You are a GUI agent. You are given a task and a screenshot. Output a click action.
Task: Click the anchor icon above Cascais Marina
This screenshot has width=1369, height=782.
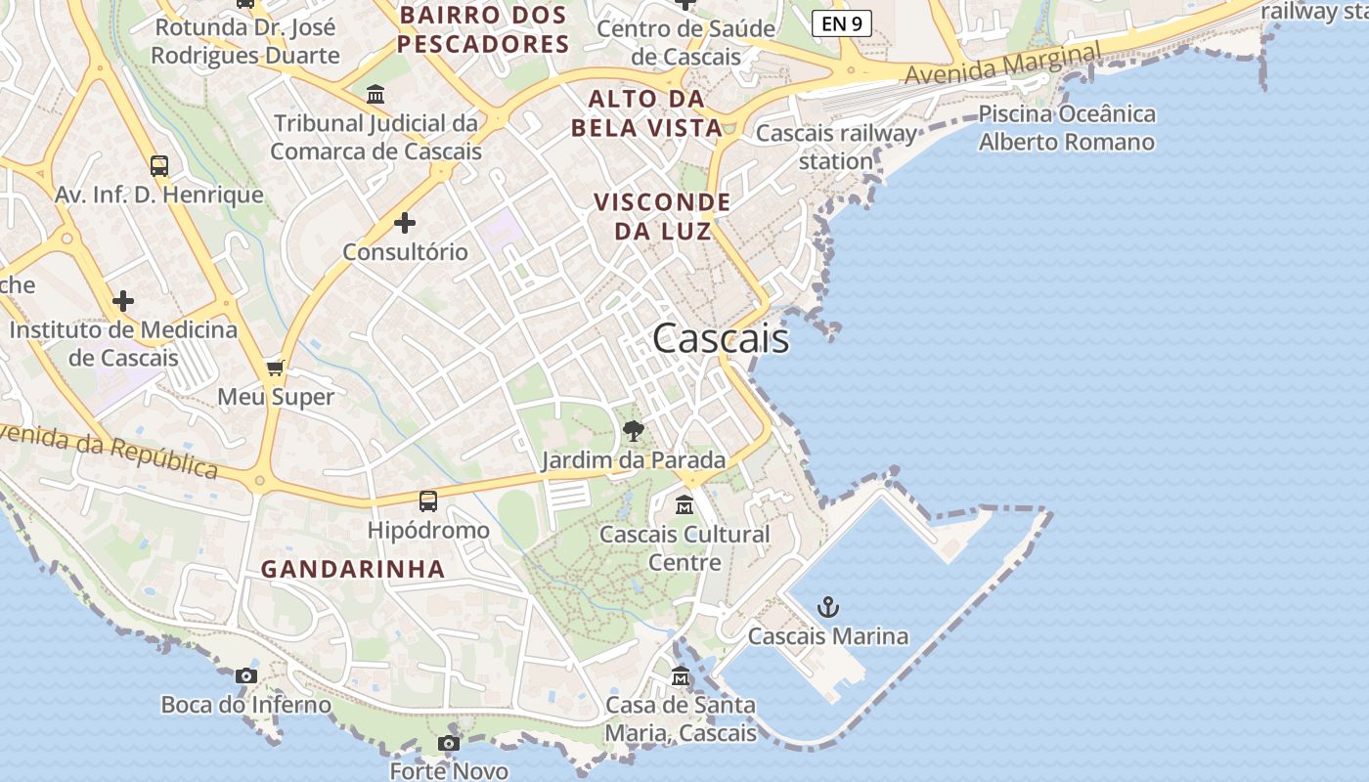pos(828,607)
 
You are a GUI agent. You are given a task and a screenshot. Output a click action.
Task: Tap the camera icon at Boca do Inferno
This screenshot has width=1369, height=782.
pos(246,675)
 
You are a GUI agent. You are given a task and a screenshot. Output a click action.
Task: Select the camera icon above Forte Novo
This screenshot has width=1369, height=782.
pos(449,743)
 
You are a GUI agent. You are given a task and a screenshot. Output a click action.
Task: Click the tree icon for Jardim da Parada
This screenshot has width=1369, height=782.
pos(634,430)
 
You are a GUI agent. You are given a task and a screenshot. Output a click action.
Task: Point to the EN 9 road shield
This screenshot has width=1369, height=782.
pos(841,23)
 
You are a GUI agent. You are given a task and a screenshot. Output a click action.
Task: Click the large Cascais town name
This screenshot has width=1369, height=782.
pos(721,338)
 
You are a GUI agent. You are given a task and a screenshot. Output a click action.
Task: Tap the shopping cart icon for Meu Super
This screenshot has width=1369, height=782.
pos(276,368)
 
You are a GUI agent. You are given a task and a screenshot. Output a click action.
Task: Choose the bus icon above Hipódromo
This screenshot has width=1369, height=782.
pos(428,501)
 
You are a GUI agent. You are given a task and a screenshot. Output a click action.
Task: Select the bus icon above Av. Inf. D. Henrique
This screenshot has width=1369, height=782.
pos(159,166)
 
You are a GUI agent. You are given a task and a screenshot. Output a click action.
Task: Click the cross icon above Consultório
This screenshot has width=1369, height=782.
pos(405,223)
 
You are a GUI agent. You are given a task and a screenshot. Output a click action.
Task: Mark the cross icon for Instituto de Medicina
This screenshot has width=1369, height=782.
pos(123,300)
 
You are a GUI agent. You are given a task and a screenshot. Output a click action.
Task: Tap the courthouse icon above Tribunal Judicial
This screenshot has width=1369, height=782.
pos(375,95)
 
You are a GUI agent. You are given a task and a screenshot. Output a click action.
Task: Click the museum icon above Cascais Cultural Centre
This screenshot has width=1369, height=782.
pos(684,505)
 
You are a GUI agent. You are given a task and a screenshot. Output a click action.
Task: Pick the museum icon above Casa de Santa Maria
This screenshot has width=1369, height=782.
pos(681,675)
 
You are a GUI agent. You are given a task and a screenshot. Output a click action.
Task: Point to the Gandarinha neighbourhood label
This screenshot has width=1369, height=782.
pos(353,569)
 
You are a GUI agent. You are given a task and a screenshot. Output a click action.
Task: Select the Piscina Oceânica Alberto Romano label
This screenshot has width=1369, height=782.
pos(1067,128)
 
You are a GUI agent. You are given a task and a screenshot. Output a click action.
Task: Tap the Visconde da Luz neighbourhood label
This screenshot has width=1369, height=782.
pos(663,216)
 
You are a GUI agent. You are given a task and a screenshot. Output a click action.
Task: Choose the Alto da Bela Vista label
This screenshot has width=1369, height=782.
pos(647,113)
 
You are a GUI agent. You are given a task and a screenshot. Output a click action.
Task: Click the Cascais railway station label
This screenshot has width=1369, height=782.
pos(837,147)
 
